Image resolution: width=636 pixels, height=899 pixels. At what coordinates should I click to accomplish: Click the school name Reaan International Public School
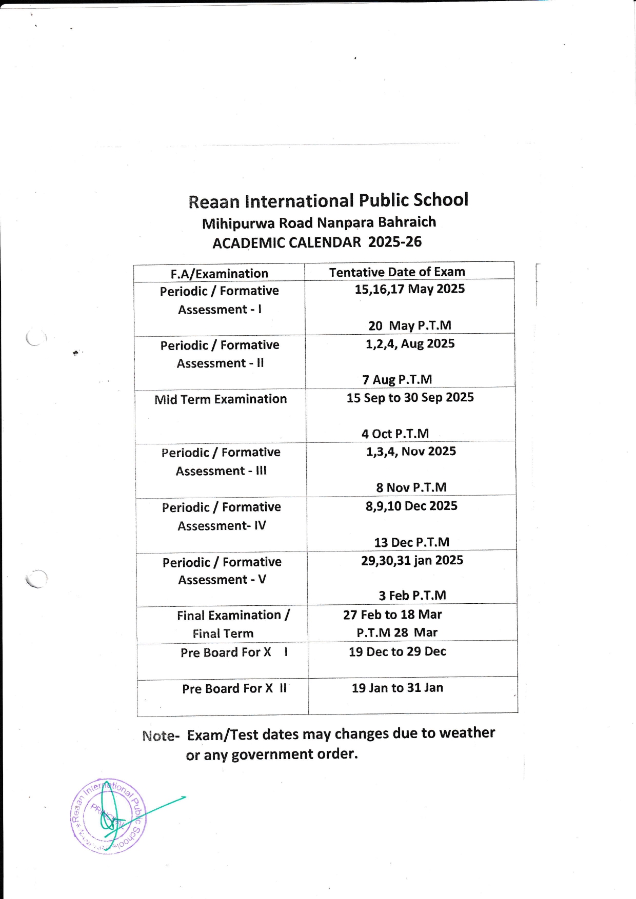point(328,200)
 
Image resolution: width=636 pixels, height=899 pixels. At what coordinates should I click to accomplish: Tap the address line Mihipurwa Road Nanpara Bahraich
point(319,222)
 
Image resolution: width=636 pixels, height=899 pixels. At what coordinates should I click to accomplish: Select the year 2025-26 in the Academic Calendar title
point(395,241)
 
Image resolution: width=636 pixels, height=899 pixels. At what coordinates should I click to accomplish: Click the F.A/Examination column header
point(220,273)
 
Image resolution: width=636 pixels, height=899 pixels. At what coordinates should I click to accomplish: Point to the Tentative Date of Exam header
point(397,272)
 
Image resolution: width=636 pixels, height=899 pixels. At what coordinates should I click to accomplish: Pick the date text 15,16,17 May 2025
point(410,289)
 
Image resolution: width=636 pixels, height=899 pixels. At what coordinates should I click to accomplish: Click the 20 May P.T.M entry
point(410,325)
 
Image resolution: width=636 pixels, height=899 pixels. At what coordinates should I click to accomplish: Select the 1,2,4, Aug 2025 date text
point(410,343)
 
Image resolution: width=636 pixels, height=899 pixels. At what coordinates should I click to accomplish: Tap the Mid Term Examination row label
point(221,399)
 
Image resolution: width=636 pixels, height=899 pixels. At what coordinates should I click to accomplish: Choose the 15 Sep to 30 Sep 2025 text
point(410,397)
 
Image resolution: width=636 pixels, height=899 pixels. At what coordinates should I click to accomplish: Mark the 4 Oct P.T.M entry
point(395,434)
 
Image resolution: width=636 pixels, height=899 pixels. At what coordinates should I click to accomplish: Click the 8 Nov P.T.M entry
point(411,487)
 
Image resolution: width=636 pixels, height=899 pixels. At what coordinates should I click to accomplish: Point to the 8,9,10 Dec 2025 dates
point(411,506)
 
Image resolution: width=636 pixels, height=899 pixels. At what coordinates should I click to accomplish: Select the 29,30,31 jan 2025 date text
point(412,560)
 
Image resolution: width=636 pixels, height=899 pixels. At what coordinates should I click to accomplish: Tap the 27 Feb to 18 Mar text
point(392,614)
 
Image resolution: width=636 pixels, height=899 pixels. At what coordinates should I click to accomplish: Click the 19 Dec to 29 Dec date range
point(397,651)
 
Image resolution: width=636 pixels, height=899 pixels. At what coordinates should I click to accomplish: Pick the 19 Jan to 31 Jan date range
point(397,688)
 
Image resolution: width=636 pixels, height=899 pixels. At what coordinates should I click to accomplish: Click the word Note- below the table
point(161,736)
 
